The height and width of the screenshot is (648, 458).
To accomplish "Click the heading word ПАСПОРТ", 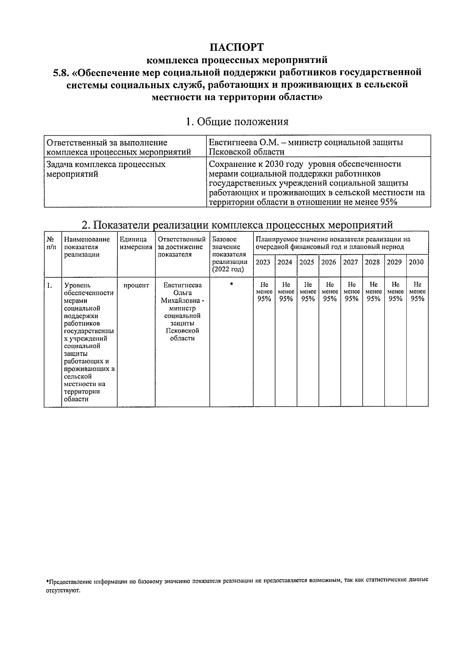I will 237,47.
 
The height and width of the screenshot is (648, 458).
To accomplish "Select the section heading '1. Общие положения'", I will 237,122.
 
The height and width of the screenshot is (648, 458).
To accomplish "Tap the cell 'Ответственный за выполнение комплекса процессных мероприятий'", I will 118,147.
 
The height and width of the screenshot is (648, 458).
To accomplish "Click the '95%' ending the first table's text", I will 389,202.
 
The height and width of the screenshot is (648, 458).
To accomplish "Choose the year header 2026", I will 329,262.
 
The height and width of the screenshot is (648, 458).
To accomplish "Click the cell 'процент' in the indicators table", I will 136,285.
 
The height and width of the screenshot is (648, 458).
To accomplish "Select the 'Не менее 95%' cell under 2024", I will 285,292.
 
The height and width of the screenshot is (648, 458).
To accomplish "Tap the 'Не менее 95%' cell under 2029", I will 395,292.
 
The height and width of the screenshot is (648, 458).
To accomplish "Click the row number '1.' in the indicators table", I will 50,285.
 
